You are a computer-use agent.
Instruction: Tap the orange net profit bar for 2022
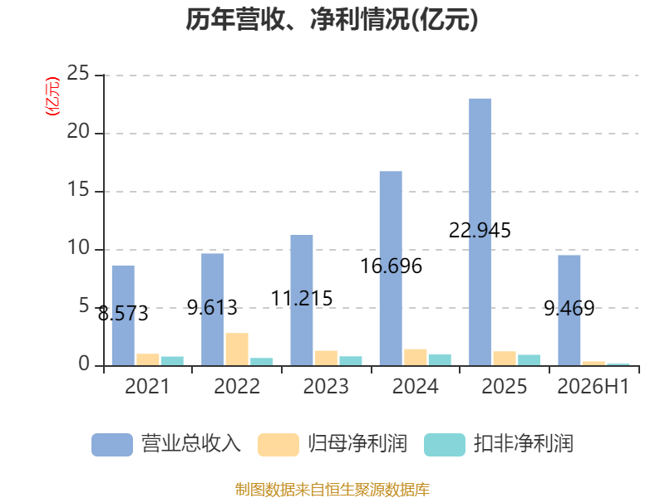pyautogui.click(x=237, y=349)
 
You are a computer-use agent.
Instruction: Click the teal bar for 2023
pyautogui.click(x=351, y=361)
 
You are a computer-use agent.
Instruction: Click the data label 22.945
pyautogui.click(x=480, y=231)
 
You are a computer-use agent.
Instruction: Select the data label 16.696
pyautogui.click(x=391, y=266)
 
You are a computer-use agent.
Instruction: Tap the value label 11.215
pyautogui.click(x=302, y=298)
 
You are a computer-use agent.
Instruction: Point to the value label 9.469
pyautogui.click(x=569, y=308)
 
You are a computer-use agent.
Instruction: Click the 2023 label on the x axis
pyautogui.click(x=326, y=386)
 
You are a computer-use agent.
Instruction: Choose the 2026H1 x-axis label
pyautogui.click(x=593, y=386)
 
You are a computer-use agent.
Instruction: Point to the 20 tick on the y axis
pyautogui.click(x=78, y=132)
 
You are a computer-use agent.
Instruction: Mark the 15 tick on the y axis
pyautogui.click(x=78, y=190)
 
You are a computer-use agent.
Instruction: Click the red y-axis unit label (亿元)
pyautogui.click(x=52, y=96)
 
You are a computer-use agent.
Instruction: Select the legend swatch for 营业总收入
pyautogui.click(x=112, y=445)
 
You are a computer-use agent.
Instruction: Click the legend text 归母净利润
pyautogui.click(x=357, y=444)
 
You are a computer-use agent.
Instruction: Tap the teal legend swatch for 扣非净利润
pyautogui.click(x=445, y=445)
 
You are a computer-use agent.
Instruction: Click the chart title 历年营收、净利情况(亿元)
pyautogui.click(x=332, y=19)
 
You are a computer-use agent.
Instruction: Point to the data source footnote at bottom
pyautogui.click(x=332, y=490)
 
